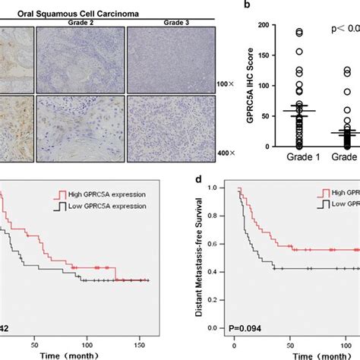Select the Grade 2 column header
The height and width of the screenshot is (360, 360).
click(79, 21)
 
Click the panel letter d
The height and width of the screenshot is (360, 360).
click(199, 181)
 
